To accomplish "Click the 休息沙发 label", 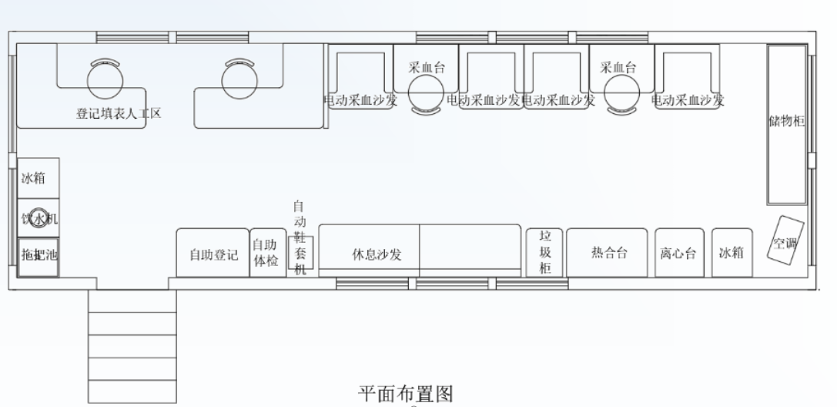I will tap(377, 254).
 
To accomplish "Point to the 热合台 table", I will tap(608, 253).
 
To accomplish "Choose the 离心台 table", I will tap(678, 253).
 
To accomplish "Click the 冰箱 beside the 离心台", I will tap(731, 253).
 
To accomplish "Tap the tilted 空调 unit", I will tap(786, 242).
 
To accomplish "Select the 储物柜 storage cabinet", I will tap(786, 123).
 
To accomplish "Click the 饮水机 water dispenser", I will tap(38, 219).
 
